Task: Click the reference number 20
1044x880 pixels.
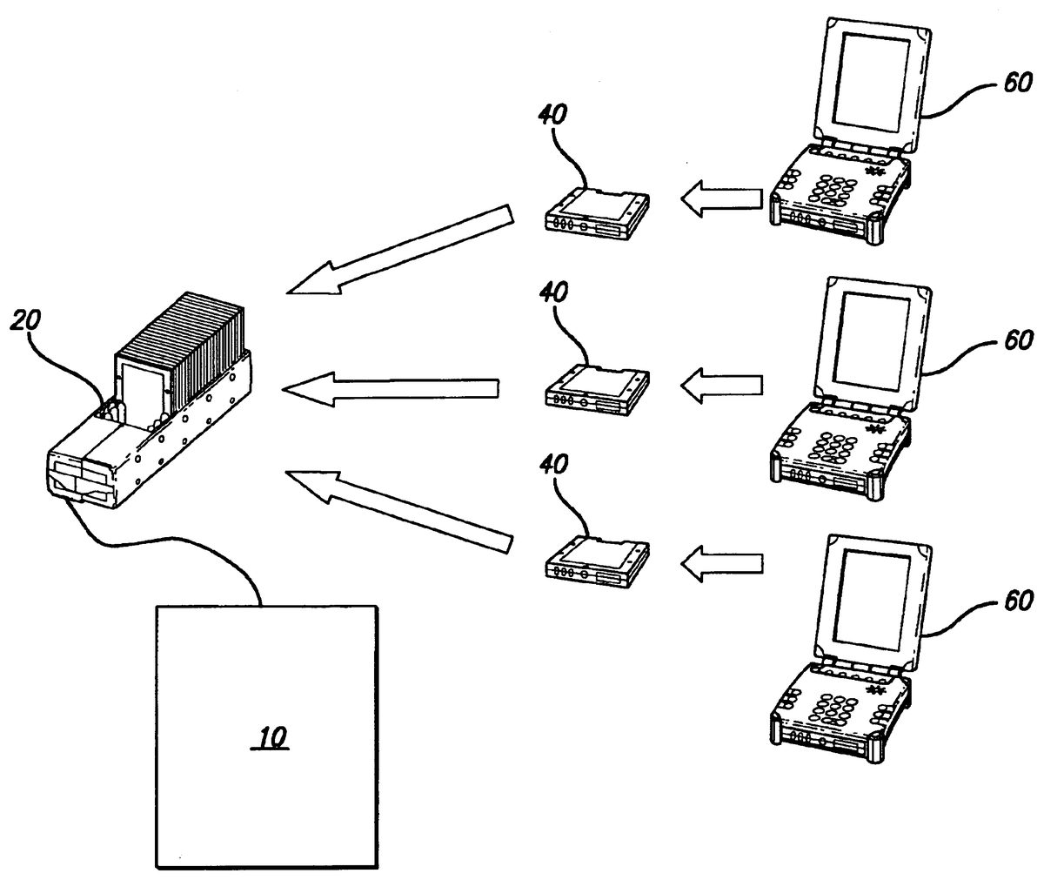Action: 25,319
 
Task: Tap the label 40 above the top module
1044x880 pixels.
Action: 552,114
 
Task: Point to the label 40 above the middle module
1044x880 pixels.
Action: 553,292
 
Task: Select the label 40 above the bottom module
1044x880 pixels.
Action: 553,464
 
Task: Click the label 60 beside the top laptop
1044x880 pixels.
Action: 1018,83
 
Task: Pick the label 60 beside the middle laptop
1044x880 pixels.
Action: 1018,340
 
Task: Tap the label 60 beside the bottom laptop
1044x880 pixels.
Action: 1018,600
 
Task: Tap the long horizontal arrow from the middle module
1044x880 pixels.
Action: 391,389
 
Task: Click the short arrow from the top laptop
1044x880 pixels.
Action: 721,198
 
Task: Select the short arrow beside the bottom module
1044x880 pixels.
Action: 721,564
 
